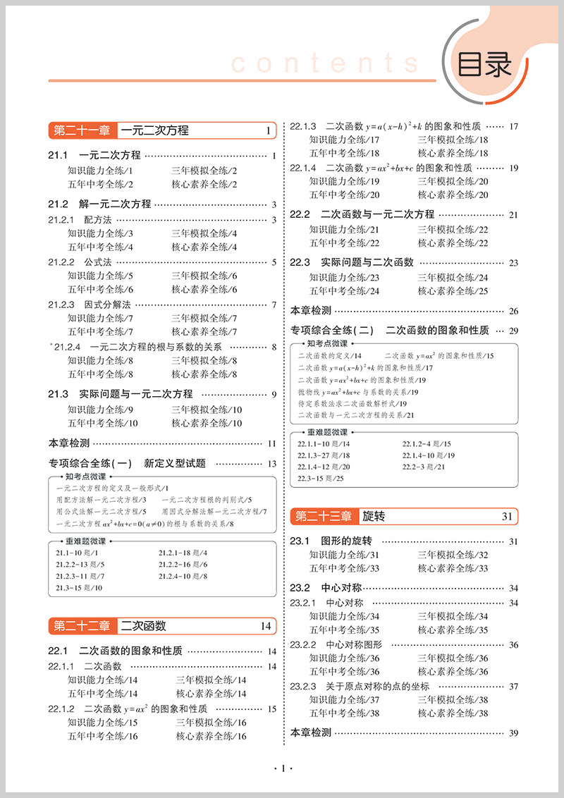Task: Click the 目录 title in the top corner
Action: [484, 65]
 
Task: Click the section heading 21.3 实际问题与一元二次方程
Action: [121, 394]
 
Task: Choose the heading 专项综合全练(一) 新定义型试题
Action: [127, 463]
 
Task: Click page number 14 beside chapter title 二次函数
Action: [265, 625]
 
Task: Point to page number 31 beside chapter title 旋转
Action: [507, 517]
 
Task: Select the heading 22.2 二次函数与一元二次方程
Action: [362, 214]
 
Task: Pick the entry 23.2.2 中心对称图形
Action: [336, 644]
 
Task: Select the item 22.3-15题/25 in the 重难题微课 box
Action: [321, 479]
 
